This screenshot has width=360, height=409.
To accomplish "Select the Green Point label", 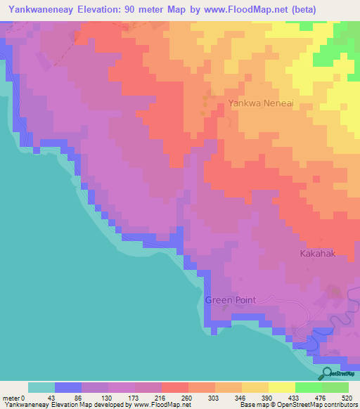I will [x=230, y=300].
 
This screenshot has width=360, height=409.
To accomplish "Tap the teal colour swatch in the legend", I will [x=41, y=387].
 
